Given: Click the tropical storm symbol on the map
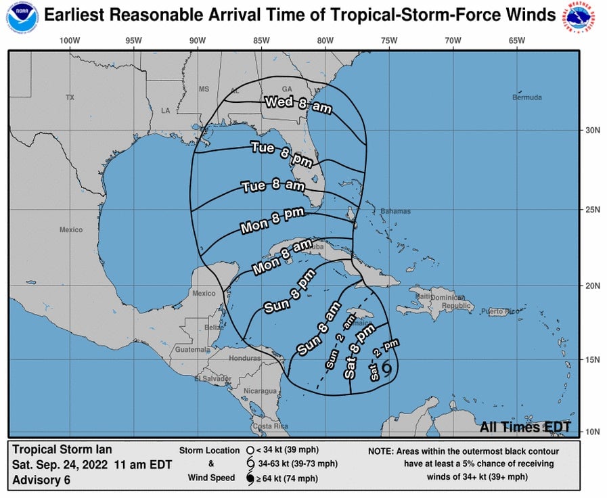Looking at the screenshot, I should click(x=387, y=367).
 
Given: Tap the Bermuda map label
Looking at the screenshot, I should click(x=527, y=97).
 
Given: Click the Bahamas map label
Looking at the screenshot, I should click(x=395, y=211).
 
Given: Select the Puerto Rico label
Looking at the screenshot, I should click(x=501, y=311).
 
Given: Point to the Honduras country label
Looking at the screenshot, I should click(x=244, y=358).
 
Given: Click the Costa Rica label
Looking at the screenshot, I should click(x=270, y=426).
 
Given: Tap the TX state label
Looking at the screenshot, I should click(x=70, y=97).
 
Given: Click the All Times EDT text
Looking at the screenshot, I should click(x=525, y=427).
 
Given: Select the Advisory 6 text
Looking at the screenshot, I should click(x=41, y=480).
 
